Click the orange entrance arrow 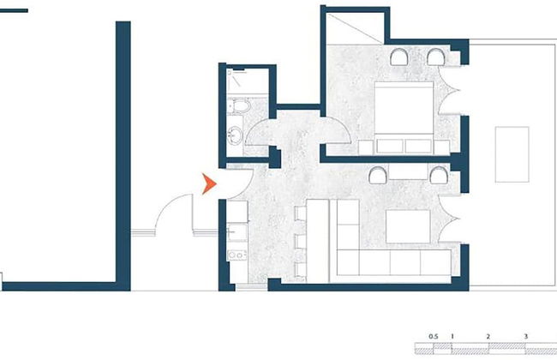(x=207, y=183)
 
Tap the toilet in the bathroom (x=240, y=107)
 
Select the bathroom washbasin (x=235, y=135)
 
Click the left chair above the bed (x=400, y=58)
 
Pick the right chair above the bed (x=436, y=58)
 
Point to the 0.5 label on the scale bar (x=433, y=336)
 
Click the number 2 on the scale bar (x=488, y=336)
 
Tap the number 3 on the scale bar (x=524, y=336)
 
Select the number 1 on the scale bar (x=451, y=336)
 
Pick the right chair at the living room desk (x=438, y=175)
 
